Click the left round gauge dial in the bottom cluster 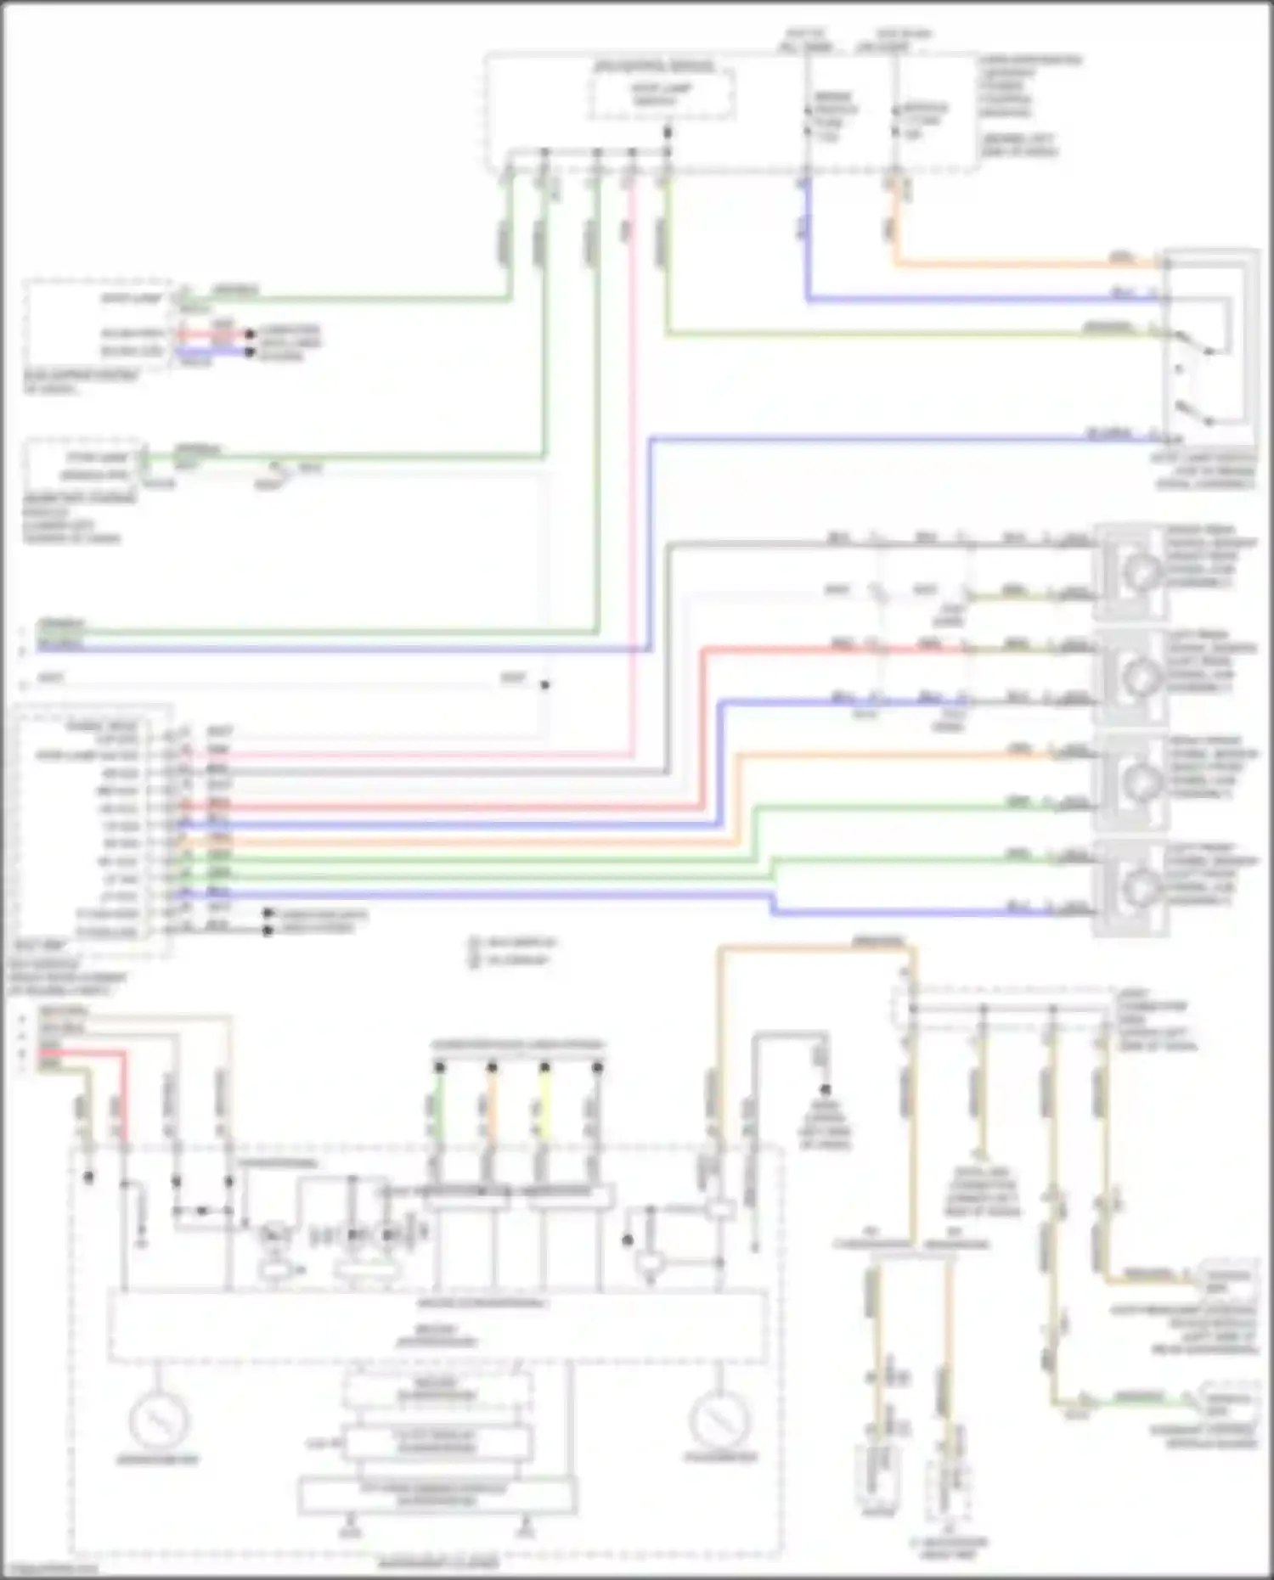tap(159, 1418)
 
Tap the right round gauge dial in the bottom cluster tap(719, 1418)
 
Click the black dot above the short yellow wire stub tap(544, 1067)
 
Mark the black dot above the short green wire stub tap(439, 1067)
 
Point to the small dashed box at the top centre tap(662, 93)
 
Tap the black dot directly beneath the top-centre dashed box tap(668, 132)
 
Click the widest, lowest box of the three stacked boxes tap(437, 1495)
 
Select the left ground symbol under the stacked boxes tap(349, 1530)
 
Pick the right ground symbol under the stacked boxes tap(526, 1530)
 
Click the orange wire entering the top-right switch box tap(1019, 264)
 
